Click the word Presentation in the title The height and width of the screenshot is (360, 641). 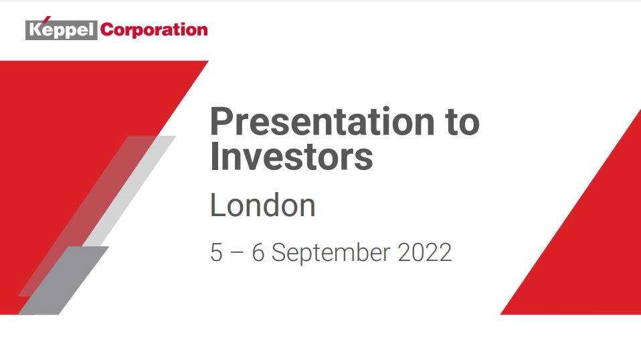tap(322, 121)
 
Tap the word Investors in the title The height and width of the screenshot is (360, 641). tap(292, 157)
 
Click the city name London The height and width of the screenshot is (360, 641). tap(263, 205)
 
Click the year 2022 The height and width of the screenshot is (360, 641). tap(425, 252)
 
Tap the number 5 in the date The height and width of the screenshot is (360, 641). tap(216, 252)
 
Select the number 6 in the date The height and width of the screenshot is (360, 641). tap(258, 252)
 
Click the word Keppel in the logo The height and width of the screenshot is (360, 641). tap(62, 30)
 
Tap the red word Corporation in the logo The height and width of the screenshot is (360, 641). tap(154, 29)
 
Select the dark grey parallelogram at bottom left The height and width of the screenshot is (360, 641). tap(64, 281)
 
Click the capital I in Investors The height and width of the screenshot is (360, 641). tap(214, 156)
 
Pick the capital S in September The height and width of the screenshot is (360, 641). tap(279, 252)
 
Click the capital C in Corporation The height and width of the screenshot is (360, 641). tap(107, 29)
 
